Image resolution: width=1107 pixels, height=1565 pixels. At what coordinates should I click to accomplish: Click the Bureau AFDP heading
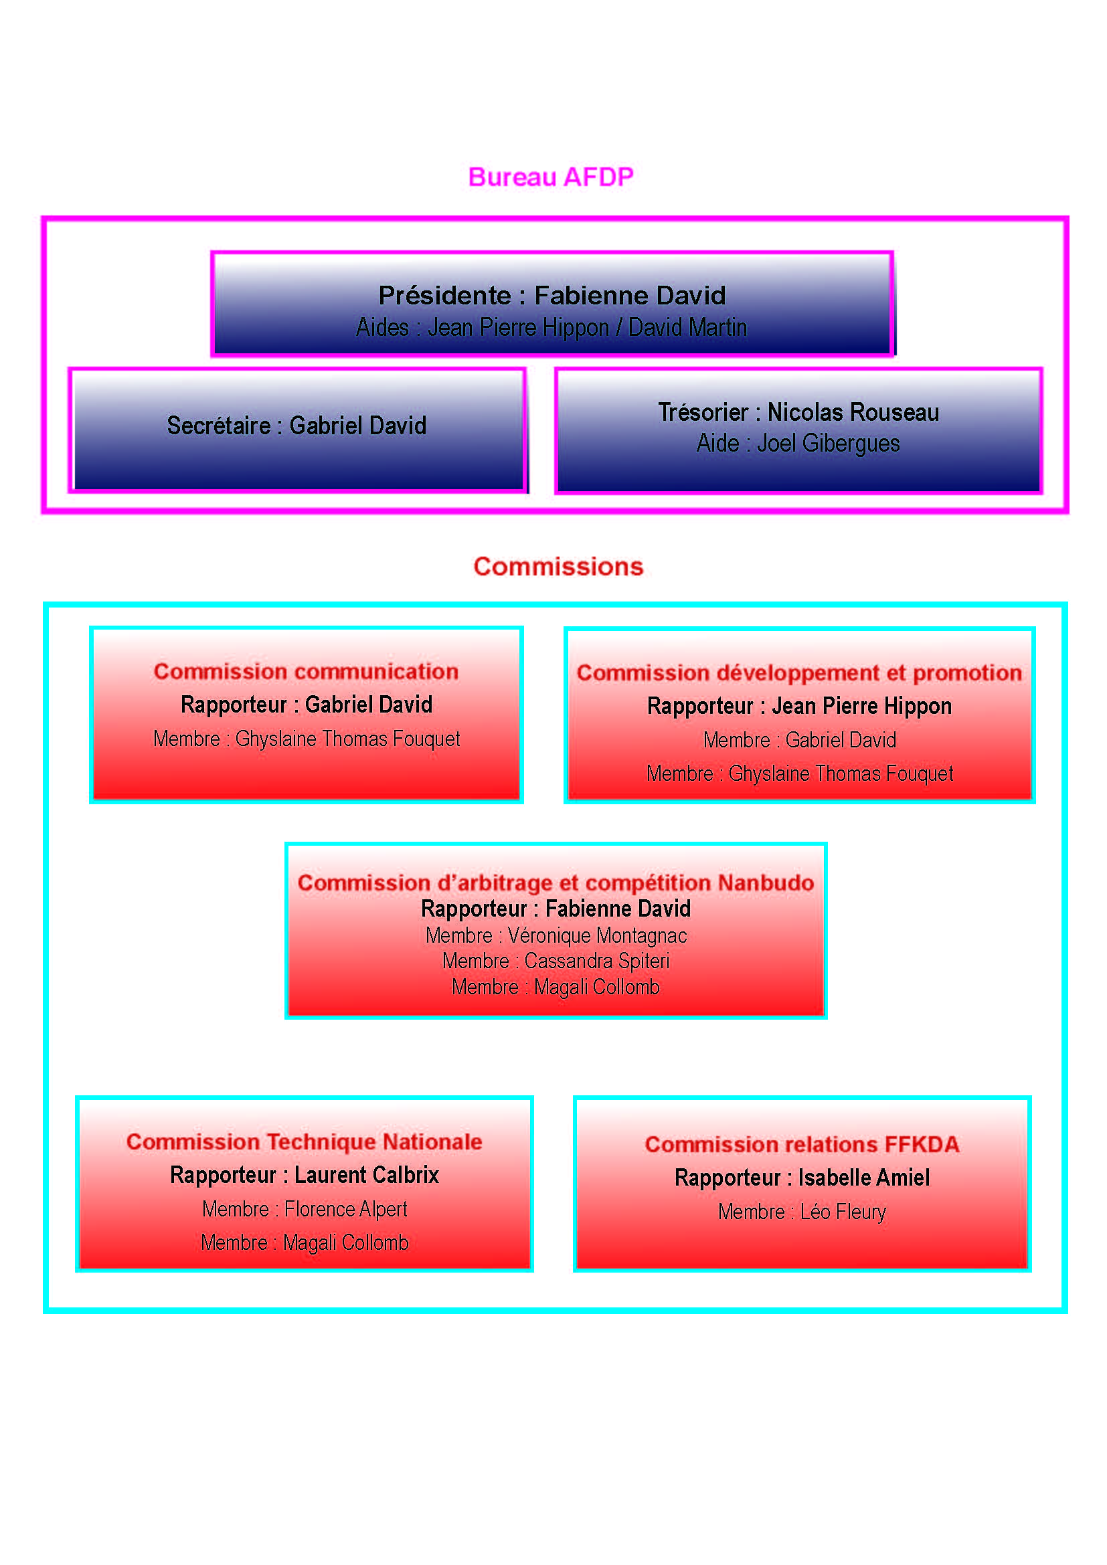551,177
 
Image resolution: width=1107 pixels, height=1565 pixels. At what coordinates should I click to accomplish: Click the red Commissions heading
558,567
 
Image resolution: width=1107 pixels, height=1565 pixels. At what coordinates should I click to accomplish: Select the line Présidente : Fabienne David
552,295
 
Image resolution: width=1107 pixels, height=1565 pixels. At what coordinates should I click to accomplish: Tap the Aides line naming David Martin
551,328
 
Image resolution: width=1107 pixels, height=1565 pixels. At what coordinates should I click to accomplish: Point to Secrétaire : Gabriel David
296,426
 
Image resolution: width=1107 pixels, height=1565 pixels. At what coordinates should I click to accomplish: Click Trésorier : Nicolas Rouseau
798,411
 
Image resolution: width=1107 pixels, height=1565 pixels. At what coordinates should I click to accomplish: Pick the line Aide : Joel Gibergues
798,443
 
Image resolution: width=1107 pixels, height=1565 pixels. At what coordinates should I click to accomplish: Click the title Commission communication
306,671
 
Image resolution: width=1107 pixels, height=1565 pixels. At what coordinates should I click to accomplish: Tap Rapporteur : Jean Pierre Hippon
799,706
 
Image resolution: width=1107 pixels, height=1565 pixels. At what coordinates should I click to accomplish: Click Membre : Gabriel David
800,740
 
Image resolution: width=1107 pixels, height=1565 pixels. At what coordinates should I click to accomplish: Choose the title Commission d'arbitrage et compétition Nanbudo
556,883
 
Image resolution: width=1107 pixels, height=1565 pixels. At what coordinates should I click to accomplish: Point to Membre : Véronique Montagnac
556,936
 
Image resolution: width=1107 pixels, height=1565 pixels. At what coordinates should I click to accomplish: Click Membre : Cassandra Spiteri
556,961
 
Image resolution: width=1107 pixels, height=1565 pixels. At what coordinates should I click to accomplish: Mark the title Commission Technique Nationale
304,1141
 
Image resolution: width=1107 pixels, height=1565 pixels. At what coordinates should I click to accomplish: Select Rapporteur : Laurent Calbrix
304,1175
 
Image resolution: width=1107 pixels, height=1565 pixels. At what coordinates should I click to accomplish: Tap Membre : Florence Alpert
305,1209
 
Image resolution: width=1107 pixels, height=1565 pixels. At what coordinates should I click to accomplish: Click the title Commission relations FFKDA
802,1144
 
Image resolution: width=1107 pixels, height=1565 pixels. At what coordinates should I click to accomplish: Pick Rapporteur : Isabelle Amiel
802,1178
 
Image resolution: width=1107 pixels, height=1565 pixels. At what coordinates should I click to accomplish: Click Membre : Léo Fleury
802,1212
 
